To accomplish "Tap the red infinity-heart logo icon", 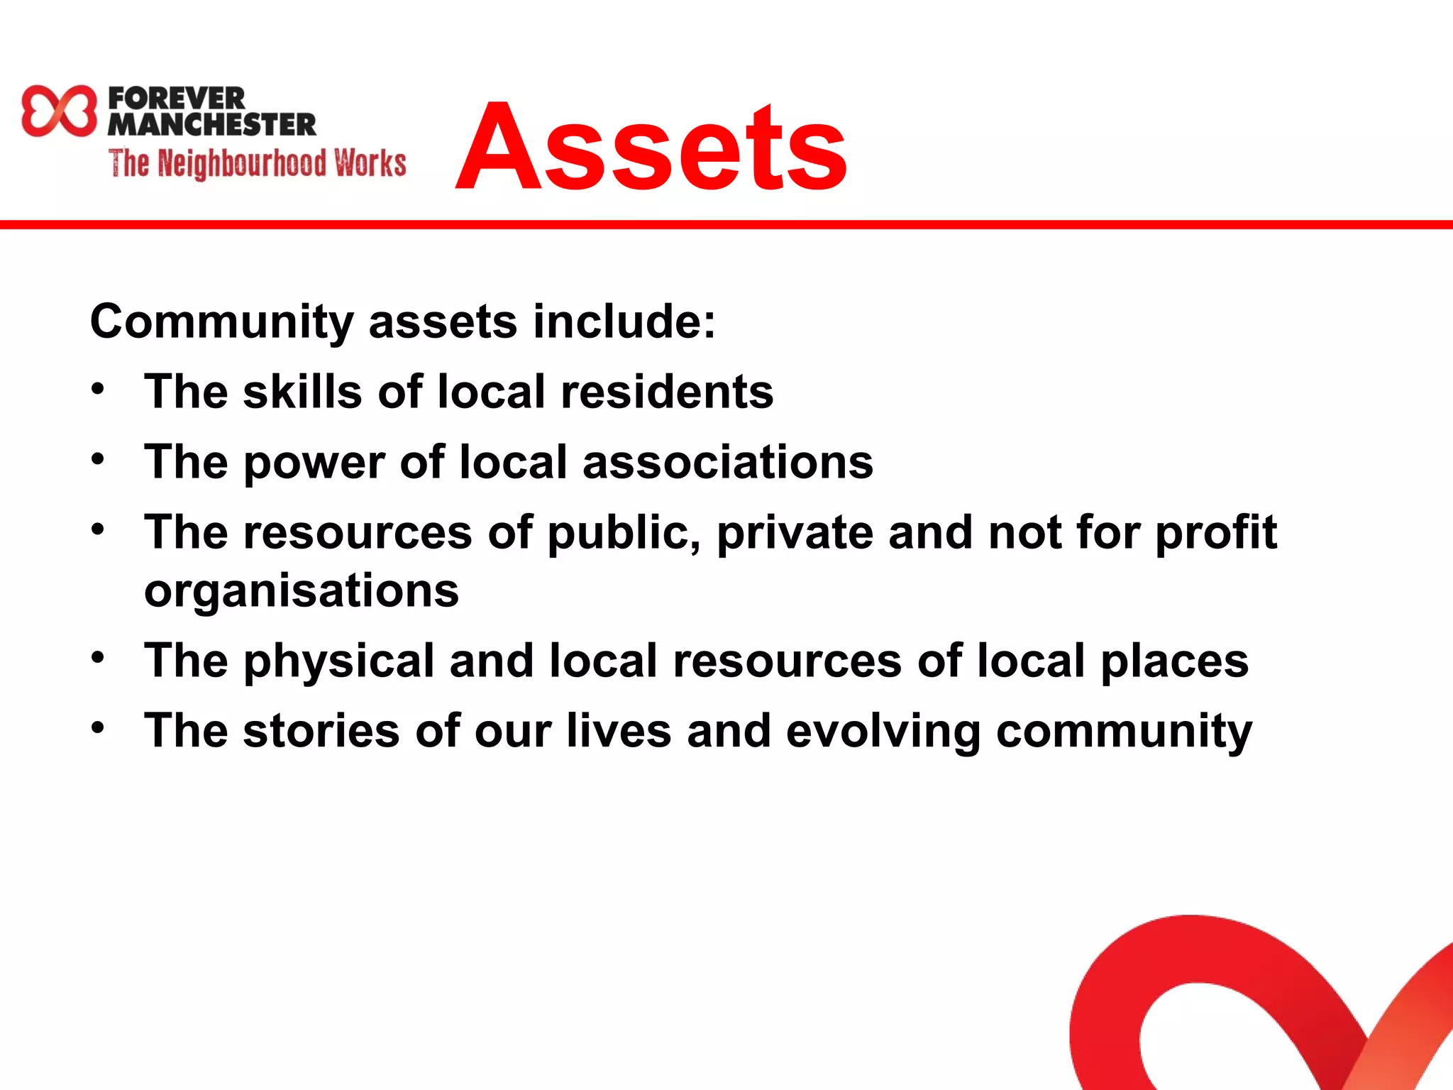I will coord(58,111).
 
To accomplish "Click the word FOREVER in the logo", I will coord(177,98).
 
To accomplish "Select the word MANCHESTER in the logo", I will coord(211,125).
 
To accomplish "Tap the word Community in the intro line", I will coord(221,322).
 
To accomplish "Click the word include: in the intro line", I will coord(624,321).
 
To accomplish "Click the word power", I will coord(314,463).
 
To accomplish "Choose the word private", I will coord(795,532).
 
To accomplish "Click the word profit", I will coord(1216,532).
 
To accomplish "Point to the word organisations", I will coord(302,590).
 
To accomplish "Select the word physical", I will coord(338,661).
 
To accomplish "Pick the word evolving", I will coord(883,732).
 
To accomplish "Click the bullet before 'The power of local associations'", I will coord(98,458).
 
